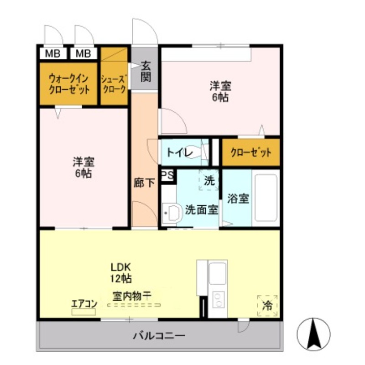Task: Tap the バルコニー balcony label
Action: pyautogui.click(x=159, y=336)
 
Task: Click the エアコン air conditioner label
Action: pyautogui.click(x=83, y=304)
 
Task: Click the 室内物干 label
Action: pyautogui.click(x=129, y=296)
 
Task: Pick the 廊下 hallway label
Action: pyautogui.click(x=144, y=183)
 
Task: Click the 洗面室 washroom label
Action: pyautogui.click(x=201, y=210)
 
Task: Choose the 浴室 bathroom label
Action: pyautogui.click(x=238, y=199)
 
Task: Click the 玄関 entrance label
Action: pyautogui.click(x=145, y=71)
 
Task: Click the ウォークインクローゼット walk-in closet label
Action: pyautogui.click(x=69, y=83)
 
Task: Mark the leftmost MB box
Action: pyautogui.click(x=52, y=53)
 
